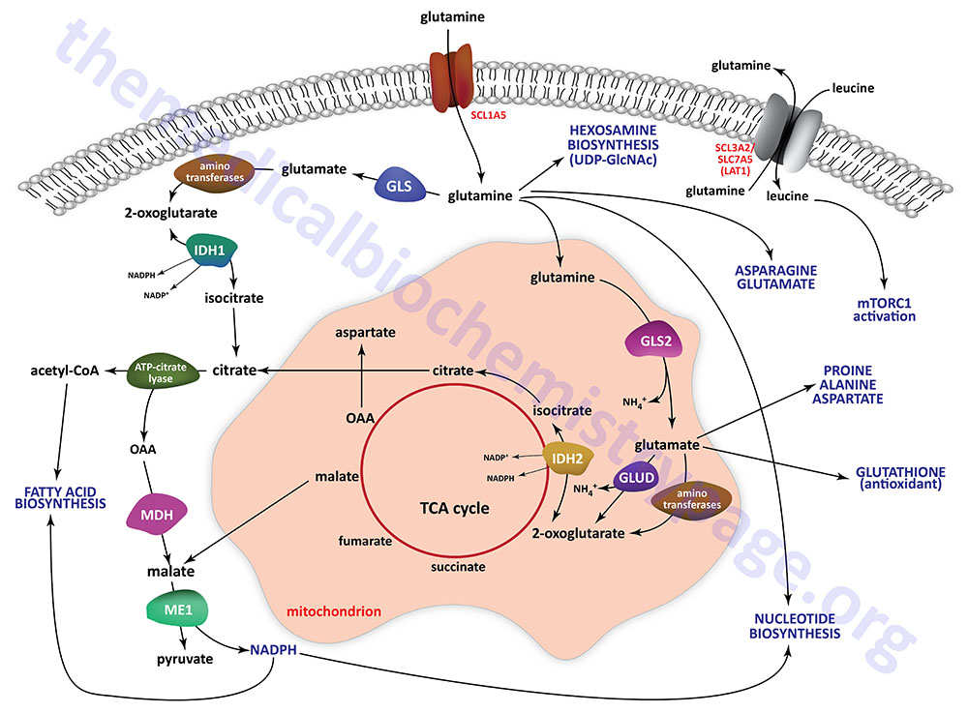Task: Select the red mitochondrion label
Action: (x=333, y=611)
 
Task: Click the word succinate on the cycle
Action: (x=458, y=566)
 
